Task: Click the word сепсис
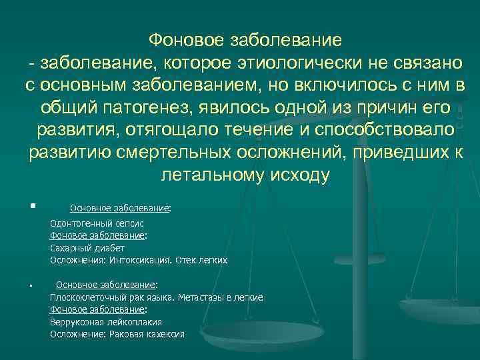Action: [x=125, y=225]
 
